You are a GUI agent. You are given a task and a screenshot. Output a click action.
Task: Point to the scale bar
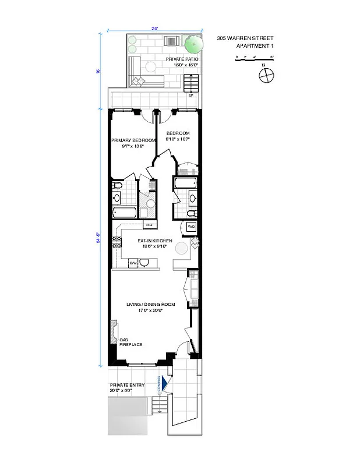click(254, 58)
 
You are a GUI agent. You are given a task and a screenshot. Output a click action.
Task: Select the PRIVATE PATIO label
click(182, 59)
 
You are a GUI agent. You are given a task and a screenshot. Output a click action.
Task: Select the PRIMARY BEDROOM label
click(133, 140)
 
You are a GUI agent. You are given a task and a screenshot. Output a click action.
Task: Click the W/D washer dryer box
click(191, 226)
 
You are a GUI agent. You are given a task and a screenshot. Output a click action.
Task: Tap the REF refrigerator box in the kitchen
click(149, 224)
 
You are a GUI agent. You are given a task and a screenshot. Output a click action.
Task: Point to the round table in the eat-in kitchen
click(182, 248)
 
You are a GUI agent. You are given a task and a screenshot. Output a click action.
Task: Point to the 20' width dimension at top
click(155, 27)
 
